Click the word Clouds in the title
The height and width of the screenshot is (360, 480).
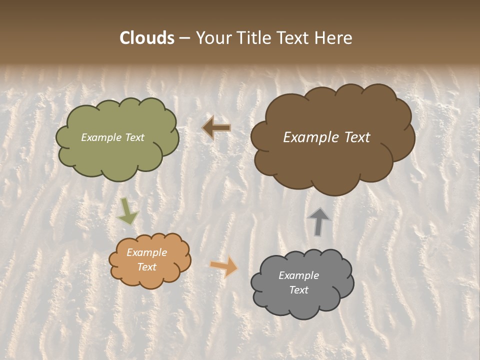pos(146,38)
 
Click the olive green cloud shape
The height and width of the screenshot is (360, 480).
pos(117,155)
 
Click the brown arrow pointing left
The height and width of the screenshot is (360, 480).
pos(216,128)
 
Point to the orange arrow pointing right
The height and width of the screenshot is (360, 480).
pos(224,266)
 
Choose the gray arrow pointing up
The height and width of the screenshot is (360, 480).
pos(319,221)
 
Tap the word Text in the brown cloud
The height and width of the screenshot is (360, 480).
pos(353,137)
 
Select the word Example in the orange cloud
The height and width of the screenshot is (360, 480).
pos(146,252)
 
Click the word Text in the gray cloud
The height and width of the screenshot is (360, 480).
pos(298,290)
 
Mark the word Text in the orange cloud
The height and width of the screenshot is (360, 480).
pos(146,267)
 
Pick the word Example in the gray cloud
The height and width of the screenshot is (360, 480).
pos(298,275)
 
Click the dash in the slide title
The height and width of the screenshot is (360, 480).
pos(184,38)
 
